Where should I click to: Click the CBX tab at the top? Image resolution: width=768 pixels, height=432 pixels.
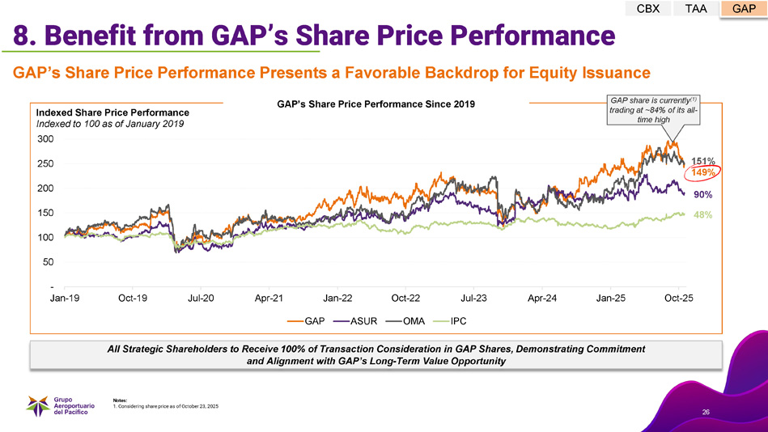tap(648, 9)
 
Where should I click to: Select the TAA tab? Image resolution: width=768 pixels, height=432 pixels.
tap(695, 9)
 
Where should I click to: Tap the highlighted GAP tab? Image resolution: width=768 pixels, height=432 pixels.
tap(743, 9)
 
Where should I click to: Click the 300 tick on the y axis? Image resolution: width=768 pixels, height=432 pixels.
tap(45, 139)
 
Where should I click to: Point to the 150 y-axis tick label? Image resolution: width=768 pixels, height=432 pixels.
tap(45, 213)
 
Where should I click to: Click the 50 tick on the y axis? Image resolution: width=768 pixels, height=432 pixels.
tap(49, 262)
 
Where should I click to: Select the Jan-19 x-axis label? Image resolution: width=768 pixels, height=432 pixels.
tap(64, 298)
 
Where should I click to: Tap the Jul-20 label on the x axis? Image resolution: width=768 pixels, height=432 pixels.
tap(200, 298)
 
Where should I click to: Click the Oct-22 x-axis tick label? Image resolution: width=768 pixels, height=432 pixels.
tap(405, 298)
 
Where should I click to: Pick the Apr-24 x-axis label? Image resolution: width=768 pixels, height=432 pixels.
tap(541, 298)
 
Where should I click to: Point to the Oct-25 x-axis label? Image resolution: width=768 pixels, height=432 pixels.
tap(678, 298)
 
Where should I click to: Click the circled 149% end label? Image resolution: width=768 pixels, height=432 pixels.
tap(703, 172)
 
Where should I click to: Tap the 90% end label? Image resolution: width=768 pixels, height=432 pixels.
tap(702, 195)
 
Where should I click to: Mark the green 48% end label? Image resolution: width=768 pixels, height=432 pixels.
tap(702, 214)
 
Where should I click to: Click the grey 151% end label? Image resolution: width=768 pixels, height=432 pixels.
tap(702, 160)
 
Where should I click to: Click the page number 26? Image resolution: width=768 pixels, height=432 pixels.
tap(706, 413)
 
